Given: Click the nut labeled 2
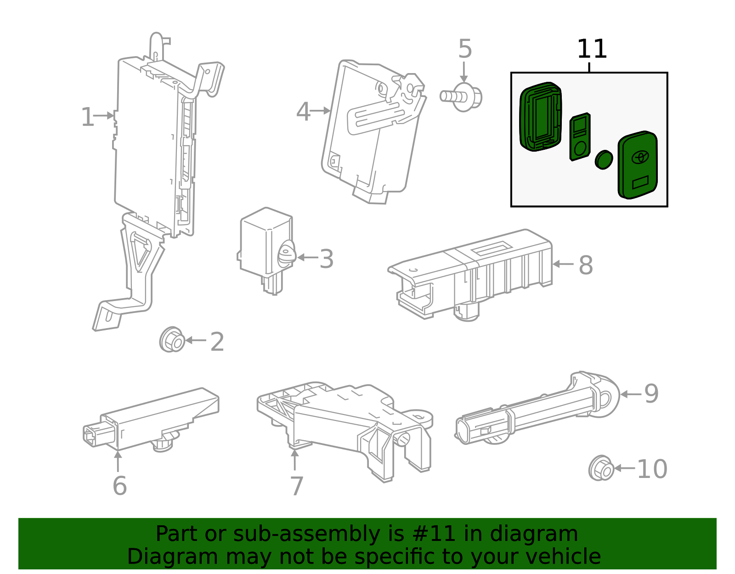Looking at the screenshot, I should [x=172, y=340].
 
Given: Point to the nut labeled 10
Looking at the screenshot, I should [x=601, y=468].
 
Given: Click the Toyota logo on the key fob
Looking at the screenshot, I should [x=639, y=156].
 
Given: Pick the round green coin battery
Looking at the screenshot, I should [x=604, y=159].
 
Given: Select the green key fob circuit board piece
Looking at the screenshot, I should [x=580, y=136].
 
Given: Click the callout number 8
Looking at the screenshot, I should [x=586, y=265].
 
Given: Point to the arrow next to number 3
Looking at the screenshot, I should [x=308, y=258].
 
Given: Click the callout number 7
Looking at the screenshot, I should [x=297, y=486].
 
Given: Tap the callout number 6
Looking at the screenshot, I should [x=119, y=486].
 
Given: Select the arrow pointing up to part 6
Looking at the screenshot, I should [x=118, y=461].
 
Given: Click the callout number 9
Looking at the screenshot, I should [x=651, y=394].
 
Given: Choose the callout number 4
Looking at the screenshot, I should [x=303, y=112].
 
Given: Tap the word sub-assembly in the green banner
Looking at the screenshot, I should [x=305, y=534].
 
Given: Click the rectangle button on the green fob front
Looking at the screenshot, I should [x=640, y=183].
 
